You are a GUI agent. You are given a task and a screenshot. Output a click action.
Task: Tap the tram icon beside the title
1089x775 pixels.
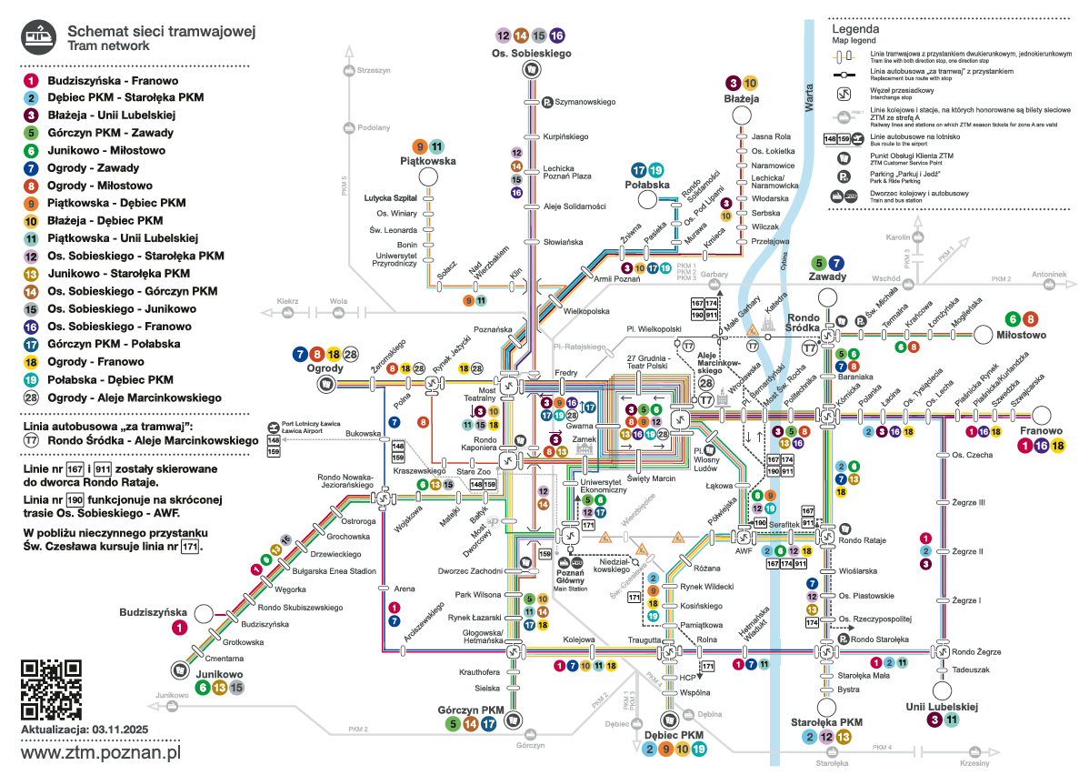(x=38, y=35)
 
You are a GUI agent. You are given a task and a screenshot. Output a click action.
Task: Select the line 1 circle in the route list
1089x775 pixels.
(x=31, y=81)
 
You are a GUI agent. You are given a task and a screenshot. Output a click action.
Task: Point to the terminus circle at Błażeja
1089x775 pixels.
(x=741, y=116)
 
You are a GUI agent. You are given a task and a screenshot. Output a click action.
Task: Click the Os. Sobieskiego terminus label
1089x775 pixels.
(x=531, y=55)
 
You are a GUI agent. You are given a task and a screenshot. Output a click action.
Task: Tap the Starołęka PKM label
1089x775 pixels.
(x=826, y=722)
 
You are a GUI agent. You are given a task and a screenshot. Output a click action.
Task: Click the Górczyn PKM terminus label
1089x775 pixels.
(x=470, y=710)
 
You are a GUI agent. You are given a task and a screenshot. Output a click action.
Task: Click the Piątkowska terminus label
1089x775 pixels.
(x=427, y=161)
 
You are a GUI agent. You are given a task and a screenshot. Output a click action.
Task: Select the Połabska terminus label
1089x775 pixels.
(x=647, y=184)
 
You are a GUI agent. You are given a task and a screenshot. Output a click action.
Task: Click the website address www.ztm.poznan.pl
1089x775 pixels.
(x=101, y=754)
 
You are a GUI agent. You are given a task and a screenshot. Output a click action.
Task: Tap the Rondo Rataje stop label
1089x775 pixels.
(x=862, y=541)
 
